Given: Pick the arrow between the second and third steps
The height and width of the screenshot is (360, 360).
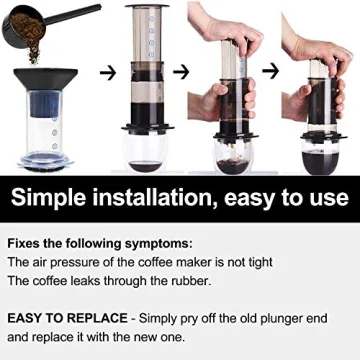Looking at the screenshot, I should (x=181, y=72).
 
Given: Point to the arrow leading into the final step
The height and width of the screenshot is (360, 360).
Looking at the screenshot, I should (x=268, y=71).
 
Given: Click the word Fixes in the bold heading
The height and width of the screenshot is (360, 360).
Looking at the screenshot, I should (x=27, y=243).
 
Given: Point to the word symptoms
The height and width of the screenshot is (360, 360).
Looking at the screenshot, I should (x=159, y=243).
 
